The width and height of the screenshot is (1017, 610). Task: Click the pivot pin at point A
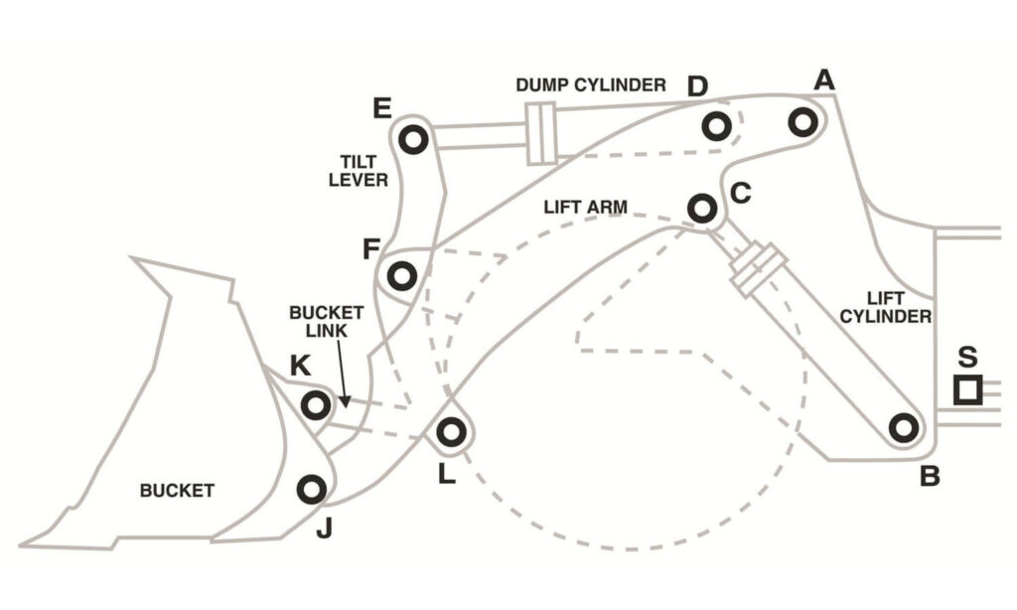[802, 122]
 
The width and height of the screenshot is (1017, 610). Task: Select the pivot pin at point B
[904, 427]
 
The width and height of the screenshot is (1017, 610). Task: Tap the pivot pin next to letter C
[702, 209]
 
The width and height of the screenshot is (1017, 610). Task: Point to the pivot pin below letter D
[717, 126]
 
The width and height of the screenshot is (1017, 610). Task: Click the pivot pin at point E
[413, 139]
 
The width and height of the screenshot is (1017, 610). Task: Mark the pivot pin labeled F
[402, 276]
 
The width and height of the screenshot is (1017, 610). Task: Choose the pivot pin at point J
[312, 490]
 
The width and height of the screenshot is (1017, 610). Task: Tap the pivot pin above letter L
[452, 431]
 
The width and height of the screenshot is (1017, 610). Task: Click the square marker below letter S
[967, 390]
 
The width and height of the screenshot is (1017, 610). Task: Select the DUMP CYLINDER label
[591, 85]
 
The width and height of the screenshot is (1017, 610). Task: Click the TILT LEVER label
[358, 171]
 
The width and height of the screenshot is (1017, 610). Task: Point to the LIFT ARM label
[586, 207]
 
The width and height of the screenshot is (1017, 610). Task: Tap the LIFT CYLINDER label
[885, 308]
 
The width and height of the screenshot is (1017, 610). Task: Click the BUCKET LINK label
[326, 321]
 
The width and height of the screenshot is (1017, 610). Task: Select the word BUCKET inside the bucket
[177, 490]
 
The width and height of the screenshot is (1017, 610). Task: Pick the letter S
[967, 357]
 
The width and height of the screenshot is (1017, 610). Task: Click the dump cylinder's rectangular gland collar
[541, 134]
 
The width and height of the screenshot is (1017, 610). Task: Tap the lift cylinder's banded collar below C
[758, 270]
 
